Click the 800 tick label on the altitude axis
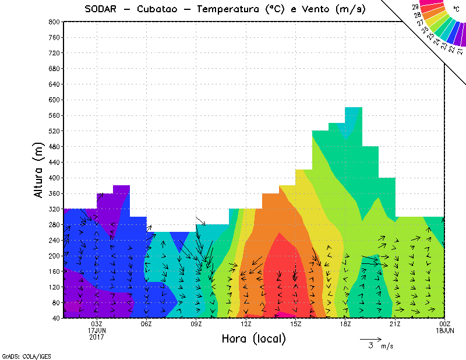(x=53, y=22)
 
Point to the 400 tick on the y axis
(x=53, y=178)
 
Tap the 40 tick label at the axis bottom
(x=55, y=319)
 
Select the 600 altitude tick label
(x=53, y=100)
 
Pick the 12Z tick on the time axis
(x=246, y=324)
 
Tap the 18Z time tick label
(x=345, y=324)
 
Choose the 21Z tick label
(x=395, y=324)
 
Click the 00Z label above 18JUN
(x=445, y=324)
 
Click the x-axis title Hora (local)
(x=253, y=338)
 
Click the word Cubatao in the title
(x=164, y=9)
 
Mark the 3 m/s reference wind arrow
(x=370, y=338)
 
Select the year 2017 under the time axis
(x=96, y=337)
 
